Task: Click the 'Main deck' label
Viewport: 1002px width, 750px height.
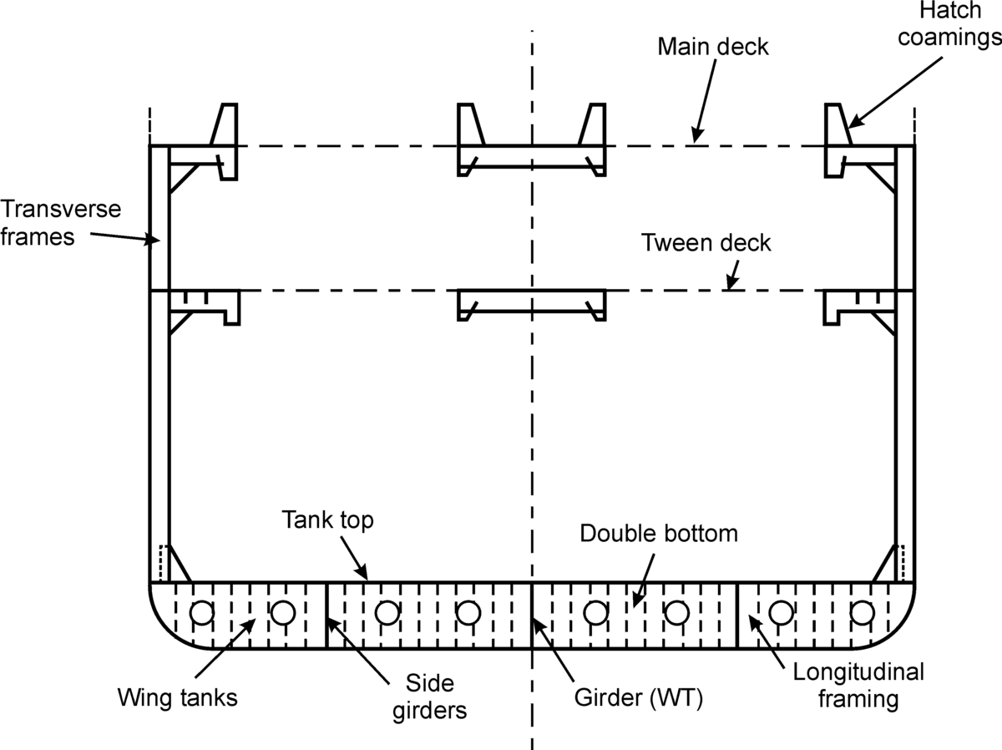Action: coord(712,46)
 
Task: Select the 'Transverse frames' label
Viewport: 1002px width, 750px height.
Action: coord(60,222)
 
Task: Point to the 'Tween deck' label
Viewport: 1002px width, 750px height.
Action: coord(706,243)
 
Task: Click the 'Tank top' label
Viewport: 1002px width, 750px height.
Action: coord(327,519)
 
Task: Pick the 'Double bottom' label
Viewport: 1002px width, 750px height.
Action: coord(659,533)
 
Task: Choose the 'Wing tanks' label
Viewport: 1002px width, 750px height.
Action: coord(177,697)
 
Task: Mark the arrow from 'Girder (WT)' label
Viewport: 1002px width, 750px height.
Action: coord(553,660)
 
